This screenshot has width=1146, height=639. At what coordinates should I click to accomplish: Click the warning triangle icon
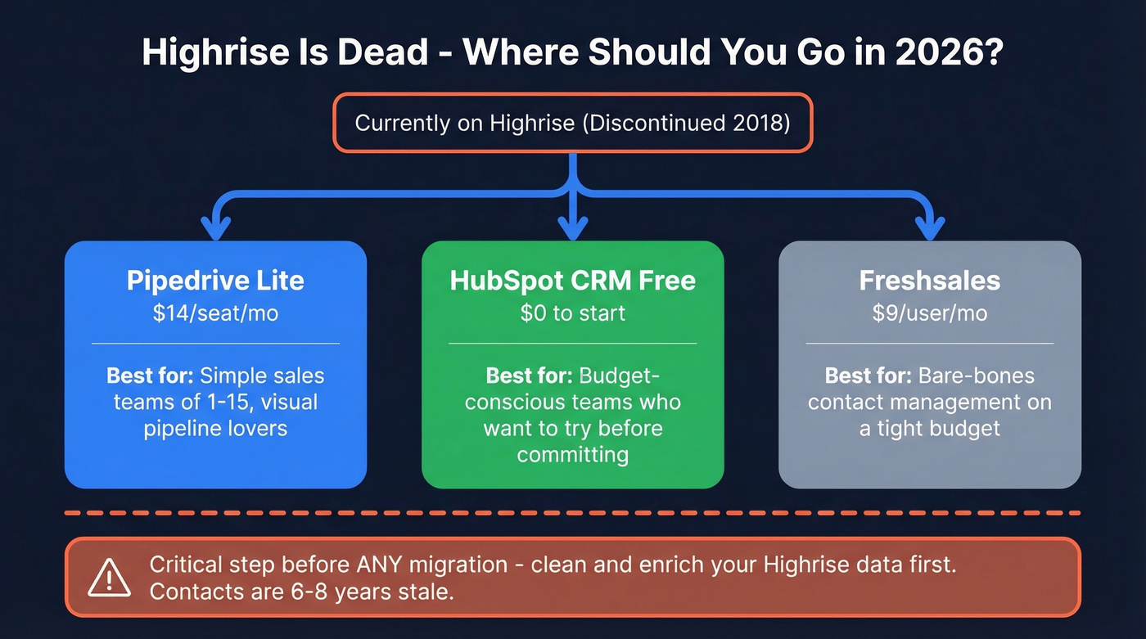[109, 578]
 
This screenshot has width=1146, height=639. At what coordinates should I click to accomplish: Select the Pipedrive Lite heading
[215, 281]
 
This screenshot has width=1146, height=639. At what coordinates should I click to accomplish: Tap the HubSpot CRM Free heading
[572, 281]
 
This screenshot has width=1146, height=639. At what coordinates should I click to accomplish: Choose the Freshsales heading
[929, 281]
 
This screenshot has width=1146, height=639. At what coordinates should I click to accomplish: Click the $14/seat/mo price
[215, 313]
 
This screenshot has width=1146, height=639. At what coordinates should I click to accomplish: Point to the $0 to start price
[572, 313]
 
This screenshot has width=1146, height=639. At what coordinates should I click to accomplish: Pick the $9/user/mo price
[929, 313]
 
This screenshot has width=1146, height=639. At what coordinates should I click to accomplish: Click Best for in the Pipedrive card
[150, 376]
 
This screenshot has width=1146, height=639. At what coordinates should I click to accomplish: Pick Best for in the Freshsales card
[868, 376]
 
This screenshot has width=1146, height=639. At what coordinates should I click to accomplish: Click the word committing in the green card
[572, 454]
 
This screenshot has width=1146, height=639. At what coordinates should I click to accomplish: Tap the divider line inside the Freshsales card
[929, 344]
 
